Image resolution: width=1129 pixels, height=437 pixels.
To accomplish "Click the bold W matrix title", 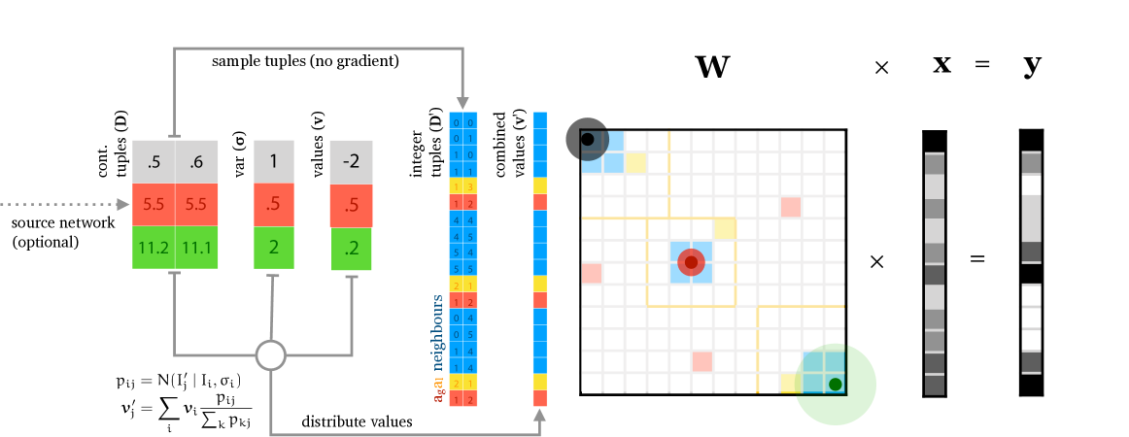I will pyautogui.click(x=712, y=66).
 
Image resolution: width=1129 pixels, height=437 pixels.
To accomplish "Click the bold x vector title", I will pyautogui.click(x=941, y=65).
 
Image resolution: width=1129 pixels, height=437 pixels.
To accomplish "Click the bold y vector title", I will pyautogui.click(x=1032, y=66).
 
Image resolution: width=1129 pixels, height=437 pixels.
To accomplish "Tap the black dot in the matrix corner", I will pyautogui.click(x=587, y=140).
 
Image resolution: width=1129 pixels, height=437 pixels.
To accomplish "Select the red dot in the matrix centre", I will pyautogui.click(x=691, y=261).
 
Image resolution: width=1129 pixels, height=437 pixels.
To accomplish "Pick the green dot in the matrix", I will pyautogui.click(x=835, y=384).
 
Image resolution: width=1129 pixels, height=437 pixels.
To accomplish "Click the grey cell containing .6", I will pyautogui.click(x=197, y=161).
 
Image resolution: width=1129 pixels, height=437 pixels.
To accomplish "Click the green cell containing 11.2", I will pyautogui.click(x=154, y=248).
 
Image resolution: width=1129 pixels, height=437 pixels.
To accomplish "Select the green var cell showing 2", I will pyautogui.click(x=274, y=248).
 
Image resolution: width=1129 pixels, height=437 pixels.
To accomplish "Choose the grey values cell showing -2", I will pyautogui.click(x=351, y=161).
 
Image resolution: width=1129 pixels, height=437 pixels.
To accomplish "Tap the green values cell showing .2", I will pyautogui.click(x=351, y=248).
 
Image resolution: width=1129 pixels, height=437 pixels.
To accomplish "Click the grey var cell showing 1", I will pyautogui.click(x=274, y=161).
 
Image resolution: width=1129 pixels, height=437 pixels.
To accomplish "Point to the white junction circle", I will pyautogui.click(x=271, y=354).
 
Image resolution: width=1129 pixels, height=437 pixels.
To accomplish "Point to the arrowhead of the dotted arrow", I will pyautogui.click(x=125, y=205).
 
